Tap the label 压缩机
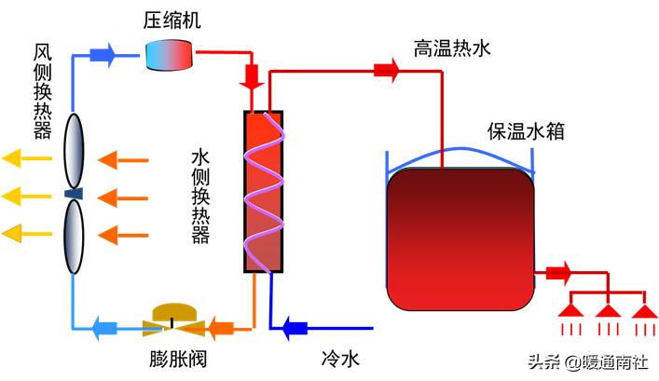click(172, 19)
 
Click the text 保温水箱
click(524, 130)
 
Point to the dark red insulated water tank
click(461, 239)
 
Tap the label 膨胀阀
click(172, 360)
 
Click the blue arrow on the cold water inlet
click(295, 327)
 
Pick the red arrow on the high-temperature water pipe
click(385, 70)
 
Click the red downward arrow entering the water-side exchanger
click(253, 75)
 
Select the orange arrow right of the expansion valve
click(222, 327)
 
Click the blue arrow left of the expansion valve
click(103, 327)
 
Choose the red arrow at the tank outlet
click(557, 273)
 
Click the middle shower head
click(608, 310)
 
